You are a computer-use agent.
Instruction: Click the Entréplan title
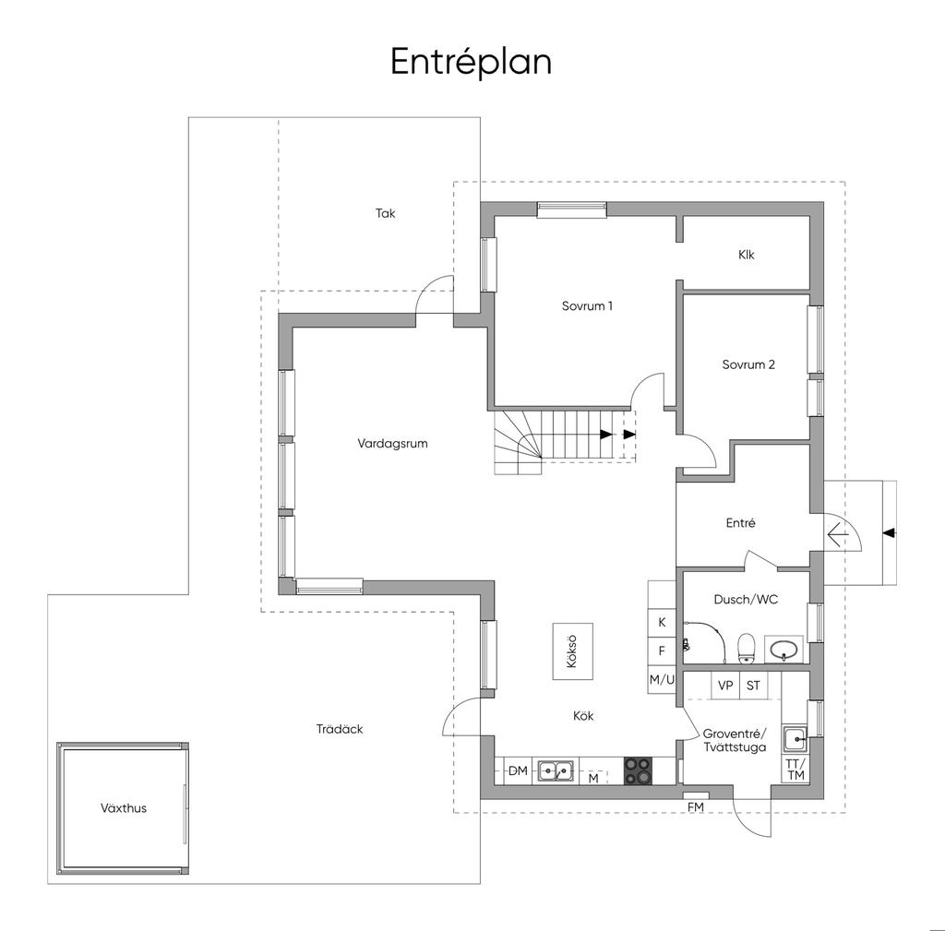(x=471, y=63)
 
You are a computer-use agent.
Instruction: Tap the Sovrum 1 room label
(x=587, y=306)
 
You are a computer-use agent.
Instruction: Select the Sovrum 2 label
(x=748, y=364)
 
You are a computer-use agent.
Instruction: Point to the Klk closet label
(x=746, y=255)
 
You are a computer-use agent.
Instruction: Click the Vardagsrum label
(x=392, y=444)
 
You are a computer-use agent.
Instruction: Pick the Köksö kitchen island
(x=572, y=651)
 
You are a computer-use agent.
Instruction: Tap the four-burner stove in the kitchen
(x=638, y=770)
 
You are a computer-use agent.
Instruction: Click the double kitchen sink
(x=555, y=770)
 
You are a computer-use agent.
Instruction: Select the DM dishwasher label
(x=518, y=770)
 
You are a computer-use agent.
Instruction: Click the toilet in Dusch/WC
(x=746, y=648)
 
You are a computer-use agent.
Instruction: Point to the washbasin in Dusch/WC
(x=784, y=650)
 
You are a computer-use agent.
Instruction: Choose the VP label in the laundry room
(x=725, y=686)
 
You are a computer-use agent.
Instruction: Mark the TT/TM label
(x=795, y=770)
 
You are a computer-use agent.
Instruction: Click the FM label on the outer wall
(x=696, y=806)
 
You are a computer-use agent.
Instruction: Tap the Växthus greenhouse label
(x=124, y=808)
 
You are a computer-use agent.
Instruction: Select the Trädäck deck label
(x=340, y=729)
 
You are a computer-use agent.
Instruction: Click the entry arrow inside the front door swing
(x=837, y=534)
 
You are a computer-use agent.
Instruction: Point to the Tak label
(x=385, y=213)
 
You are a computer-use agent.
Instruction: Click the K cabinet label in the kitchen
(x=662, y=623)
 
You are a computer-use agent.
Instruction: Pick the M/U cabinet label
(x=662, y=680)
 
